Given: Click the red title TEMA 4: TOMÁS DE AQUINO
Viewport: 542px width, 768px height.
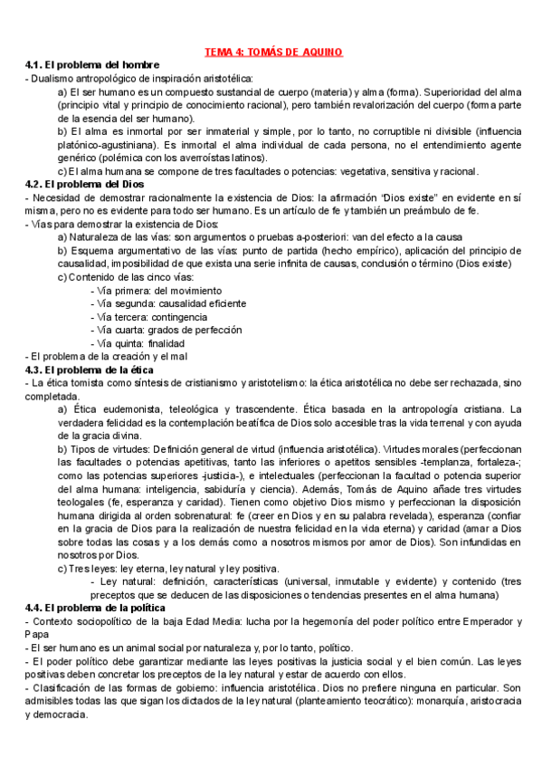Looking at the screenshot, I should [x=271, y=52].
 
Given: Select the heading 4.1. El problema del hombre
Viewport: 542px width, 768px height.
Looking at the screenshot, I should [x=93, y=65].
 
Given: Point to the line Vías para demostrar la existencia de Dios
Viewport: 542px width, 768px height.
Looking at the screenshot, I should [x=123, y=224].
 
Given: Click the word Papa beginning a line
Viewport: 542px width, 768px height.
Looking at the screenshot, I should [x=37, y=635].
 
